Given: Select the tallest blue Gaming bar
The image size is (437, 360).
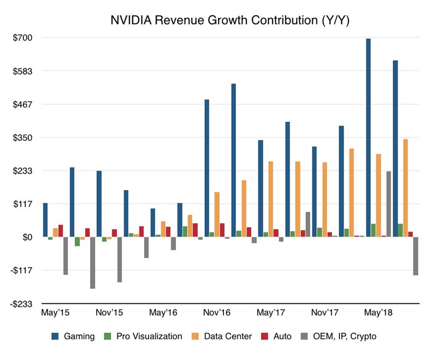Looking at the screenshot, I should pos(369,138).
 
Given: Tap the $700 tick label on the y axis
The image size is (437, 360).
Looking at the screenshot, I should pos(24,38).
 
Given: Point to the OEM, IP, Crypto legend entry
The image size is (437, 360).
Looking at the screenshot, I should pos(341,337).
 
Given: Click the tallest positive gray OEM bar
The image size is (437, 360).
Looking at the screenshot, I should pos(388,204).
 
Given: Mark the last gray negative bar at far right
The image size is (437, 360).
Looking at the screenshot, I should pos(415,256).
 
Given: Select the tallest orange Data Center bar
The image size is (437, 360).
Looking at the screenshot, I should pos(405,188).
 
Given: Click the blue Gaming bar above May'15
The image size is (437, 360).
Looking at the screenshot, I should pos(45,220).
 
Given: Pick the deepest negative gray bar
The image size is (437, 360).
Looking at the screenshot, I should pos(93,263).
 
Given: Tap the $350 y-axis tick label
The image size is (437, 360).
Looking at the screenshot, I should pos(24,138).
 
